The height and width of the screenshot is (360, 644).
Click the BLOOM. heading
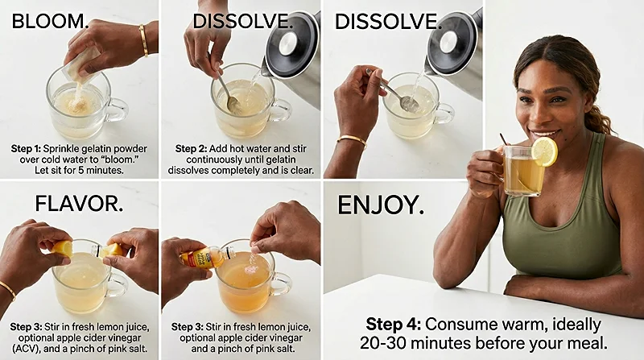point(50,20)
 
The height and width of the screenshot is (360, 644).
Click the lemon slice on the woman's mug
point(545,151)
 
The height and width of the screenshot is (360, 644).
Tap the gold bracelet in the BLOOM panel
point(143,40)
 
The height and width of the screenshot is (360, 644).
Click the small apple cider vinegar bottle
point(197,259)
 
